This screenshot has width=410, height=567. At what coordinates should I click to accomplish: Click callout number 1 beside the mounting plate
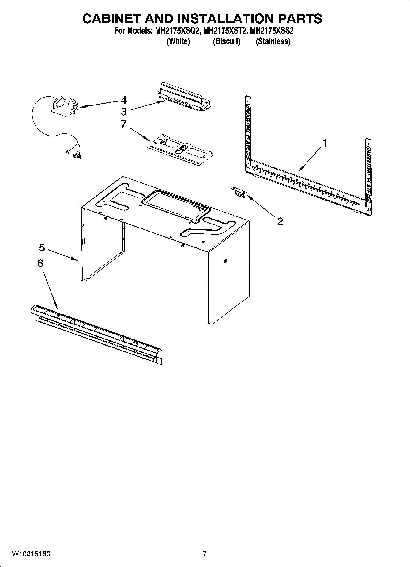tap(325, 143)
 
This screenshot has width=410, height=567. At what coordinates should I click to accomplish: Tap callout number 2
tap(280, 221)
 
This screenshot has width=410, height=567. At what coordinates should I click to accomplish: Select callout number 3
tap(124, 111)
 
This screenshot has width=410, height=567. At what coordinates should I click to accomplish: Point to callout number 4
tap(124, 100)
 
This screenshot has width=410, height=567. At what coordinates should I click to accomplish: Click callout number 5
tap(42, 247)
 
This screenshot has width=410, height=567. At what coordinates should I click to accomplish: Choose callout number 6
tap(40, 263)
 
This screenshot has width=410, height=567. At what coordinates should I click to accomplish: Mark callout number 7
tap(124, 124)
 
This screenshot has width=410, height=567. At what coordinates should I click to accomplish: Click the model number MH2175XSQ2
tap(174, 31)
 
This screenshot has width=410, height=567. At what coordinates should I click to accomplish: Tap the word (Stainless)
tap(273, 41)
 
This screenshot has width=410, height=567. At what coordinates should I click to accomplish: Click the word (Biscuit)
tap(227, 41)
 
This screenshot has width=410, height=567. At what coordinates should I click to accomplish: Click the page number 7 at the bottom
tap(205, 554)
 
